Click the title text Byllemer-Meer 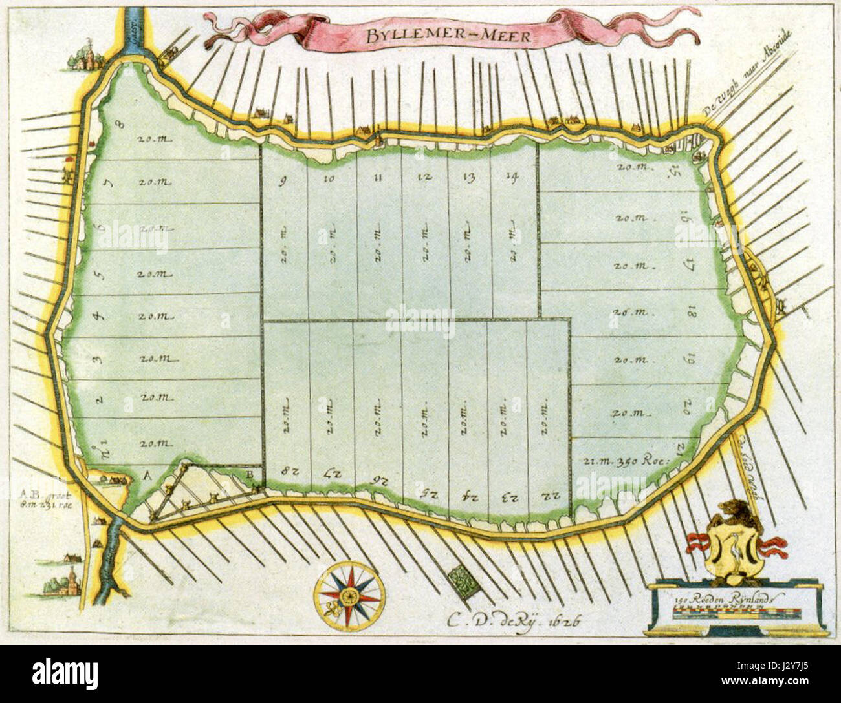(x=446, y=36)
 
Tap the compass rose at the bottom (x=349, y=595)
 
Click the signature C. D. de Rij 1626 (x=511, y=620)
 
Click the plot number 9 (x=283, y=180)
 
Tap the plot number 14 (x=513, y=178)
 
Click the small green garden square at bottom (x=464, y=579)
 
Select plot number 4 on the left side (x=100, y=316)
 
